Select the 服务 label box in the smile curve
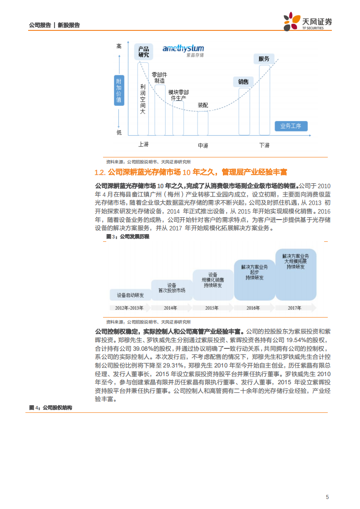point(264,59)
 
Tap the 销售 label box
point(243,82)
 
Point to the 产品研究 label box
point(143,52)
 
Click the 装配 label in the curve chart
point(202,105)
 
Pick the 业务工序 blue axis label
point(294,126)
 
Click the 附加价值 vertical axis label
point(119,90)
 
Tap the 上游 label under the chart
point(143,144)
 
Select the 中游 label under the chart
point(202,146)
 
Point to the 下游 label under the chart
point(264,145)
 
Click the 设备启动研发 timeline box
point(130,295)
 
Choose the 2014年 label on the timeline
point(170,308)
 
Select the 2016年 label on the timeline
point(253,308)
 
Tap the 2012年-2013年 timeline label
point(129,308)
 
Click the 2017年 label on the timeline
point(294,308)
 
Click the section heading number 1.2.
point(100,172)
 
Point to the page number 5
point(327,497)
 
